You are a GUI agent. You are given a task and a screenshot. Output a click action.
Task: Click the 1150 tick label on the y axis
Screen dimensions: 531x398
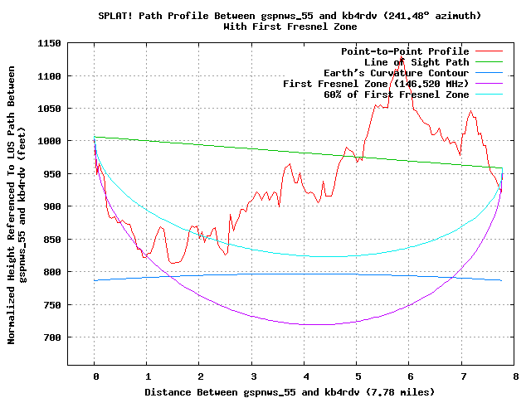pyautogui.click(x=49, y=43)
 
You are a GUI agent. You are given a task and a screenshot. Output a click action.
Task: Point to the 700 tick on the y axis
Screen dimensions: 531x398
pyautogui.click(x=52, y=337)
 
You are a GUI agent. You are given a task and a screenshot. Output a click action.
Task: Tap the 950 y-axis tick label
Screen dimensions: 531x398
pyautogui.click(x=52, y=174)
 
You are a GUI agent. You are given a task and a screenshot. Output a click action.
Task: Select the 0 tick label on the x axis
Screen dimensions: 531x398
pyautogui.click(x=96, y=376)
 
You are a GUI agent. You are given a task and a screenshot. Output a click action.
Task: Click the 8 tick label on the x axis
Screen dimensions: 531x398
pyautogui.click(x=516, y=376)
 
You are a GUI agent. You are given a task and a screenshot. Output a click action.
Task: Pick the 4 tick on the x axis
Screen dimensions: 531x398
pyautogui.click(x=306, y=376)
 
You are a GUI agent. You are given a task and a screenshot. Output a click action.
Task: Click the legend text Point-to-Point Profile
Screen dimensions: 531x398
pyautogui.click(x=405, y=51)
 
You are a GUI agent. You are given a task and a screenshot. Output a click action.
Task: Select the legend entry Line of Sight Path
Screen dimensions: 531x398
pyautogui.click(x=417, y=62)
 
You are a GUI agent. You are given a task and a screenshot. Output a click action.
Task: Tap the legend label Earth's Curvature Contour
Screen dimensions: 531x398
pyautogui.click(x=397, y=73)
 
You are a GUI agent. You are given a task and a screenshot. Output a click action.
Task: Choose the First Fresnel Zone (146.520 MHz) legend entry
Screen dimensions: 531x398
pyautogui.click(x=376, y=84)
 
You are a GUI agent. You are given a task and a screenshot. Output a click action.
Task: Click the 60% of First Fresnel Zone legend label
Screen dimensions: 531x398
pyautogui.click(x=397, y=95)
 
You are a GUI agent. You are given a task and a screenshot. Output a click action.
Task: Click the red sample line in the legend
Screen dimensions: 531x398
pyautogui.click(x=489, y=51)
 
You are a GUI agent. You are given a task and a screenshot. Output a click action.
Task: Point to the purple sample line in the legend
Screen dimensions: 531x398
pyautogui.click(x=489, y=84)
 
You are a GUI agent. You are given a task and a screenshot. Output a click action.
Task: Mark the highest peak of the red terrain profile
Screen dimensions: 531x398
pyautogui.click(x=401, y=56)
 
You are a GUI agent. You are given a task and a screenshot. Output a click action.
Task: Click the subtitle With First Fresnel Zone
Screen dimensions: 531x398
pyautogui.click(x=290, y=27)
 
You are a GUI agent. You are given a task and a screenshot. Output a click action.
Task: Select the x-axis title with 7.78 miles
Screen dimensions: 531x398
pyautogui.click(x=290, y=392)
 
